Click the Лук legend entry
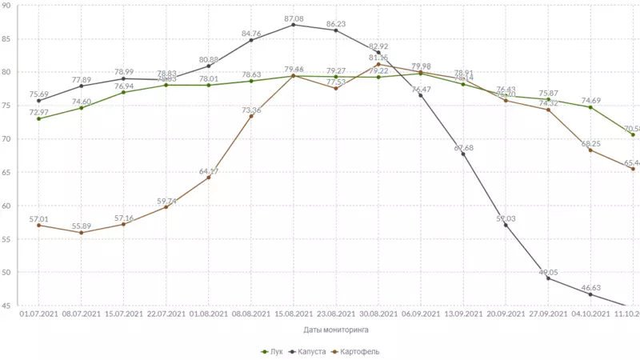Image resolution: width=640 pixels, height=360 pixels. [x=273, y=351]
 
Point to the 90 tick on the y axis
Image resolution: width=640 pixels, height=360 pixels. [x=6, y=6]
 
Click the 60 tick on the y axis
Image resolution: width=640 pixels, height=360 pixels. [x=6, y=206]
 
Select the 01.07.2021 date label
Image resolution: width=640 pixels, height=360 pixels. [x=38, y=314]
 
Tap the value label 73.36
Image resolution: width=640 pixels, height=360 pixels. [x=251, y=110]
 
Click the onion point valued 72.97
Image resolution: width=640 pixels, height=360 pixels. [x=38, y=119]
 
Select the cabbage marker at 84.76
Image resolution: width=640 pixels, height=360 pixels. [x=251, y=40]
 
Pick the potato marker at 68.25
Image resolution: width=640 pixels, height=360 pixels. [x=590, y=150]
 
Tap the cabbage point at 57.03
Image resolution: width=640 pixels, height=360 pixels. [x=506, y=225]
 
